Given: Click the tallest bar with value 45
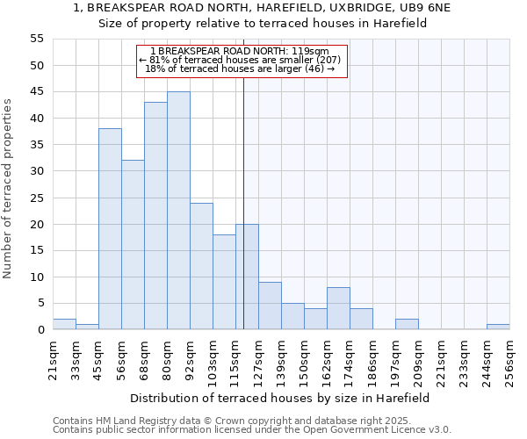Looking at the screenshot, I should tap(178, 211).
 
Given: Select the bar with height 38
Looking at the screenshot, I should tap(110, 229).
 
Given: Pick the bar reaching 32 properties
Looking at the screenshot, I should tap(133, 245).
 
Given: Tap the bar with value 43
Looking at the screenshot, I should tap(155, 216).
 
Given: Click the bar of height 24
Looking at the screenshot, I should tap(201, 266).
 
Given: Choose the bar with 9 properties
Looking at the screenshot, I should tap(270, 306).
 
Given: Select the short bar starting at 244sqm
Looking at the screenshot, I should tap(498, 327).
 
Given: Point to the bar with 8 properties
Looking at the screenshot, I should tap(338, 308).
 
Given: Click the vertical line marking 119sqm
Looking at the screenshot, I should tap(243, 202).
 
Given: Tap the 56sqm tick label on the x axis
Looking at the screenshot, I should tap(121, 360).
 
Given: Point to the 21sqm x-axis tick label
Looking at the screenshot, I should tap(53, 360).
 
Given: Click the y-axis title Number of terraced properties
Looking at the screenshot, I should tap(8, 189).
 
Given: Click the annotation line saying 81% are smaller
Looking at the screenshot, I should tap(243, 60).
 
